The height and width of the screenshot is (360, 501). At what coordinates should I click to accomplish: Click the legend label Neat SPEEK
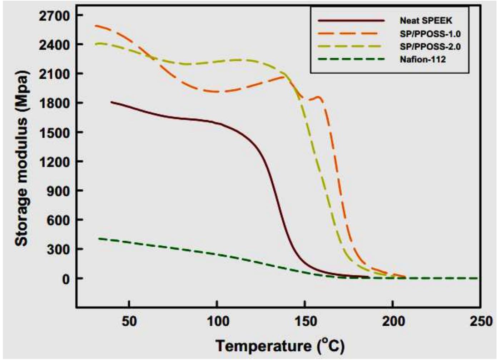coord(426,21)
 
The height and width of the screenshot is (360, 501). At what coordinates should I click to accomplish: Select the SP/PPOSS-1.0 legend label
coord(430,34)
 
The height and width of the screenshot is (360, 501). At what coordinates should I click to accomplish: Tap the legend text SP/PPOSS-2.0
coord(430,46)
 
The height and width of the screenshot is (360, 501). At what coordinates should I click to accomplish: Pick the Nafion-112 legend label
coord(423,59)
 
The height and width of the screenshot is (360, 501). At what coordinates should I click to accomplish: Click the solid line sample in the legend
coord(351,21)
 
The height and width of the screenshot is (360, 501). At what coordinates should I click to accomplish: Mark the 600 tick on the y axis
coord(59,220)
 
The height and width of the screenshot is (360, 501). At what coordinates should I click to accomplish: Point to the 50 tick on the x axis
coord(129,321)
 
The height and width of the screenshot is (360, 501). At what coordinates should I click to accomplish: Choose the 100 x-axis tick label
coord(217,321)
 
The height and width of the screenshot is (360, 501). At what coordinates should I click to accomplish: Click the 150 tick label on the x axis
coord(304,321)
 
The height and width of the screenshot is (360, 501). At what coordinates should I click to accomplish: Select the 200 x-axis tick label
coord(393,321)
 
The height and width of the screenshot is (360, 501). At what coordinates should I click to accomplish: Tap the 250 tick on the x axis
coord(480,321)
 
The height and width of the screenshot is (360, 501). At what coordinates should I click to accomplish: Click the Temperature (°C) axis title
coord(280,346)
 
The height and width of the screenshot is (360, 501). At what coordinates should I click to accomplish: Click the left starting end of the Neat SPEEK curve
coord(111,102)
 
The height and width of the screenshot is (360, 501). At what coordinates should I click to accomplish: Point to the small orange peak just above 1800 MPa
coord(319,97)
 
